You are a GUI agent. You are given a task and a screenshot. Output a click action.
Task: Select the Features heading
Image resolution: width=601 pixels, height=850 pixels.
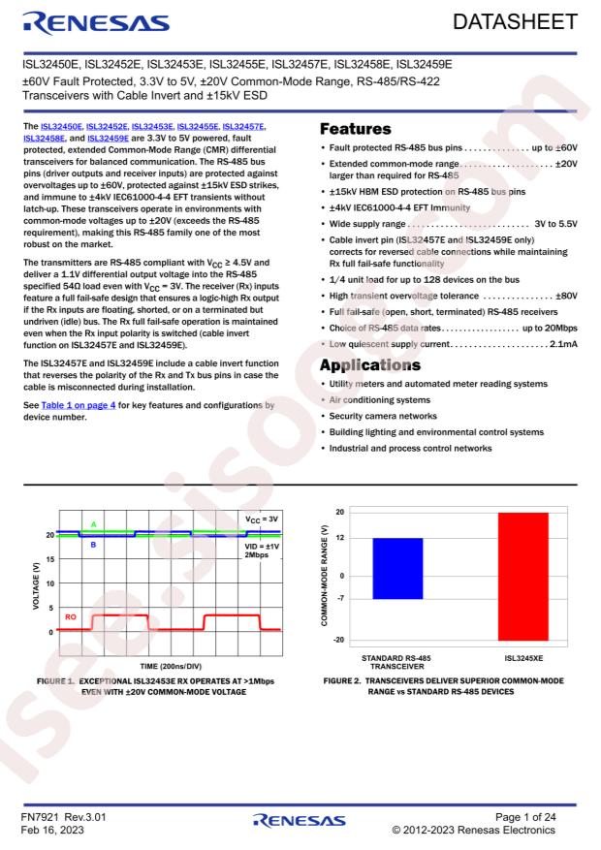356,128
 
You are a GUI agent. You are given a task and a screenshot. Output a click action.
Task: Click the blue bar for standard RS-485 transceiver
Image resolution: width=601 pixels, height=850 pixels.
396,569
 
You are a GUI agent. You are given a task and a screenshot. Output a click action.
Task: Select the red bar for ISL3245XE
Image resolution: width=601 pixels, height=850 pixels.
522,576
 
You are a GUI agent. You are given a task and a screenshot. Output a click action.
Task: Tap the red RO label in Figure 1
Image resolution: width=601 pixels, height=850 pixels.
72,615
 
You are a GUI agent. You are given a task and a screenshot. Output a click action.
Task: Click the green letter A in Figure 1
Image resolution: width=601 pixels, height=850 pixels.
93,524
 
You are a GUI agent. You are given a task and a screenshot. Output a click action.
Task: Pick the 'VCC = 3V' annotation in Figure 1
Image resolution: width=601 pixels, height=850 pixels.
259,520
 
